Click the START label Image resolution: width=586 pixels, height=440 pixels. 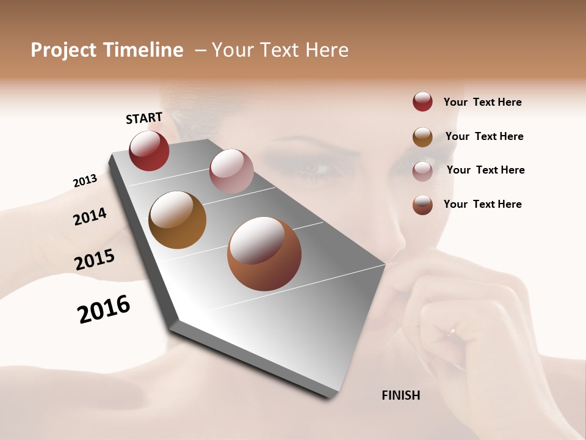click(x=144, y=118)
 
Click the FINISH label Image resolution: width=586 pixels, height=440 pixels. click(x=400, y=395)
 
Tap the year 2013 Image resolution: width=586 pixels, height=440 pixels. click(x=85, y=181)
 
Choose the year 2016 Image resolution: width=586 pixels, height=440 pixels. click(x=104, y=309)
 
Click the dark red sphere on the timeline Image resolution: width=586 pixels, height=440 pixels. click(x=149, y=150)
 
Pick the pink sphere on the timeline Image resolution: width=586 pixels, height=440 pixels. click(x=231, y=171)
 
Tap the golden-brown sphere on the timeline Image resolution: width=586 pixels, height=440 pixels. click(x=178, y=220)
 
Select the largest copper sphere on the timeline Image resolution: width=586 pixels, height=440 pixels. click(x=264, y=254)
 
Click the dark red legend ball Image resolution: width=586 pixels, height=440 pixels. click(x=422, y=102)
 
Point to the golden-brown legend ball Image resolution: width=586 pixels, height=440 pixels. click(x=422, y=137)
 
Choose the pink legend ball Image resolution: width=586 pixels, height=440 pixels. click(x=422, y=171)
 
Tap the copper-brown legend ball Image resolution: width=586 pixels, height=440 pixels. click(x=422, y=205)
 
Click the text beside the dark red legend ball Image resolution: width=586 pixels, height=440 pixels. click(x=482, y=102)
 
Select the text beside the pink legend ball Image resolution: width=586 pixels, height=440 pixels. click(x=485, y=170)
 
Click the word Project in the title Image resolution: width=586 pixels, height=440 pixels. click(x=63, y=50)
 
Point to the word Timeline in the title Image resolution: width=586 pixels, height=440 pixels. click(x=143, y=50)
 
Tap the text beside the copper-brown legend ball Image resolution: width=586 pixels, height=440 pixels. click(x=482, y=204)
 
